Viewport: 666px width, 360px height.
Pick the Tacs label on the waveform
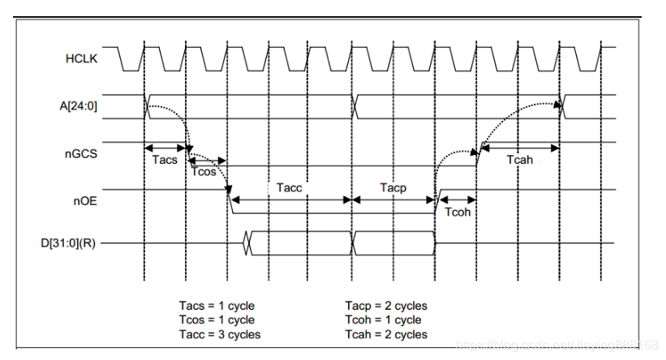pos(165,160)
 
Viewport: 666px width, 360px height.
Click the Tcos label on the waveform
pos(204,171)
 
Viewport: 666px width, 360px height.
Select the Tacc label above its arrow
pos(289,187)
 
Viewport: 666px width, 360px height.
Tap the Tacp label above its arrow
pos(393,187)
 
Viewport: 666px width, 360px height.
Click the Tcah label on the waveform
pos(520,160)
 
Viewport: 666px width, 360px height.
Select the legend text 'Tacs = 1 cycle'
pos(217,306)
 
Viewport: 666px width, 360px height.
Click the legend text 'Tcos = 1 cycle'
pos(217,319)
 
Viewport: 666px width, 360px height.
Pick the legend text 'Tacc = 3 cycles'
pos(220,334)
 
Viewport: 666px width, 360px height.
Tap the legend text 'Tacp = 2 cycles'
pos(386,306)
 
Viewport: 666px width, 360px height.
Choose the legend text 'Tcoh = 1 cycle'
pos(383,319)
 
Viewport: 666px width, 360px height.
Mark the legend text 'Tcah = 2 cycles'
pos(386,334)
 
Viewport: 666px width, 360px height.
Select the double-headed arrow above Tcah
pos(520,148)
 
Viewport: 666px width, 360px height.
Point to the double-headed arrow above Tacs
pos(165,148)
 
